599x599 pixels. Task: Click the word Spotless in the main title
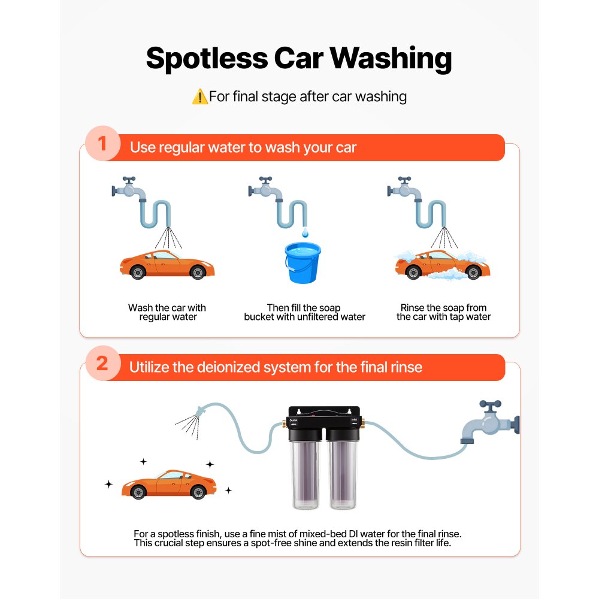(207, 59)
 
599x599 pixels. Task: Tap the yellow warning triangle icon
(199, 96)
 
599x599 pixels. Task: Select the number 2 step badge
(102, 364)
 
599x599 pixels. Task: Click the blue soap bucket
(302, 262)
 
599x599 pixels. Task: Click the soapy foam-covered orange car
(443, 265)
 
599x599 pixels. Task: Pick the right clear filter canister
(344, 473)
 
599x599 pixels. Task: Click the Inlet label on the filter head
(354, 421)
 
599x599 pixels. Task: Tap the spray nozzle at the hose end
(198, 413)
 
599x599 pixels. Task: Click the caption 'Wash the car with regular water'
(167, 312)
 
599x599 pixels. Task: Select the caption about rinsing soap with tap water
(443, 312)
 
